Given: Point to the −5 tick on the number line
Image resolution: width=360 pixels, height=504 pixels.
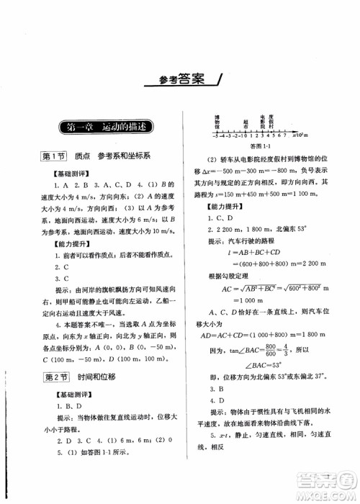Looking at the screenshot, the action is point(195,135).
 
